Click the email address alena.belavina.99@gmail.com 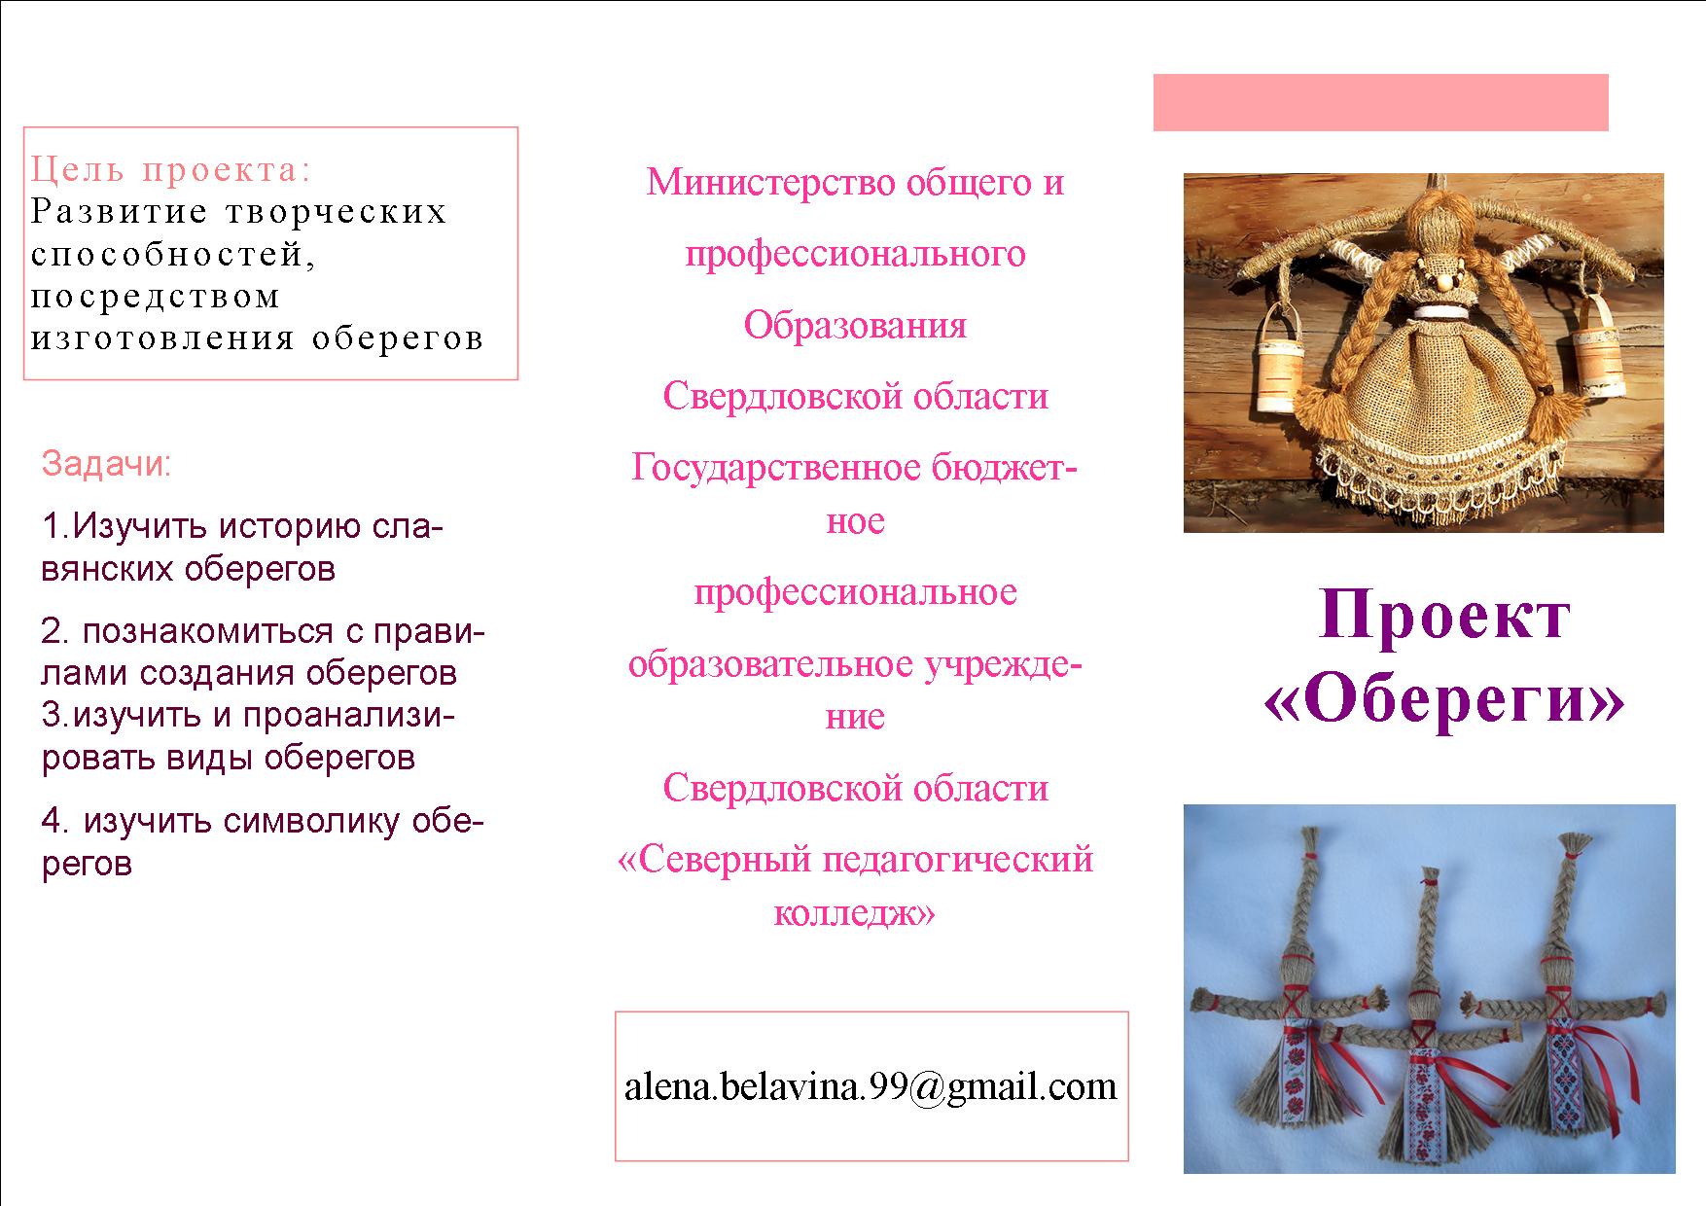click(871, 1086)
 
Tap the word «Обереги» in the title click(1444, 700)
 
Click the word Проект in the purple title click(1444, 615)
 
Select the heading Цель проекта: click(171, 170)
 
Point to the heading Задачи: click(106, 465)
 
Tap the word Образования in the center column click(856, 325)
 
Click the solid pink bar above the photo click(1380, 102)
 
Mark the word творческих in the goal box click(336, 212)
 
